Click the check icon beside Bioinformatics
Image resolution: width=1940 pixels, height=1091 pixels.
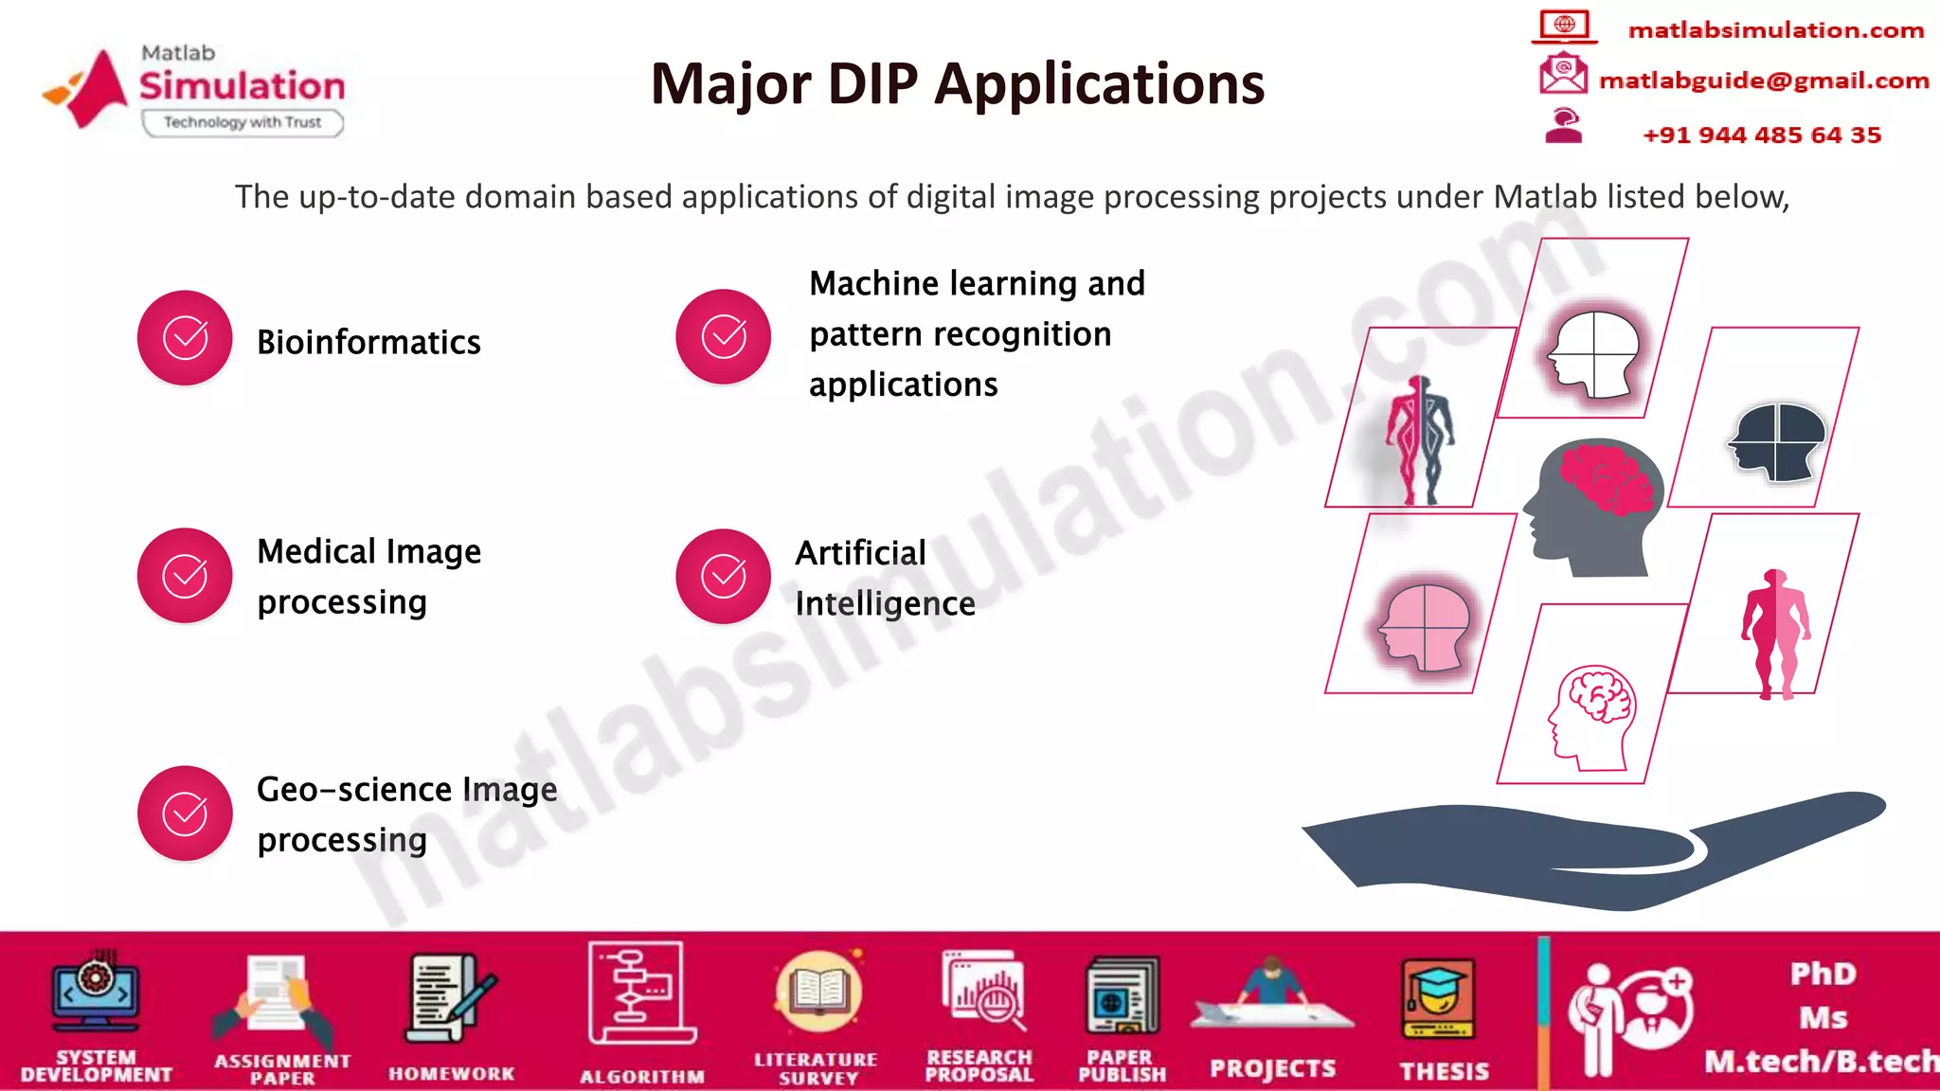pos(185,338)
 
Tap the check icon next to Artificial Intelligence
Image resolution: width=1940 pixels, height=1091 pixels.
pos(723,576)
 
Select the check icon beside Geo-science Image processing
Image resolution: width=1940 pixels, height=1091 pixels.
pos(185,814)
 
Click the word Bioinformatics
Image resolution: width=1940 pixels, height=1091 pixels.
pos(368,342)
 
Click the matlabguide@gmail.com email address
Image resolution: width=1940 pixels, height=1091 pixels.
pos(1763,80)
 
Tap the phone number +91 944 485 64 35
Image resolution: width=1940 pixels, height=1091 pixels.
pos(1761,134)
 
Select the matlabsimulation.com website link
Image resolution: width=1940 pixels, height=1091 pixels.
pos(1775,30)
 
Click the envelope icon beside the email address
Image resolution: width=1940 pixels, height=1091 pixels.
pos(1563,74)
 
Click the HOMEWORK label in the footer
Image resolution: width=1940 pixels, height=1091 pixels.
pos(451,1073)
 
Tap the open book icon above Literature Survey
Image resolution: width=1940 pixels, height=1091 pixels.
pos(818,992)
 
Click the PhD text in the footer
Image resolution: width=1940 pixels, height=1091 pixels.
pos(1823,974)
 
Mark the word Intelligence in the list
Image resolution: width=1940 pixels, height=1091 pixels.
pos(885,604)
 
